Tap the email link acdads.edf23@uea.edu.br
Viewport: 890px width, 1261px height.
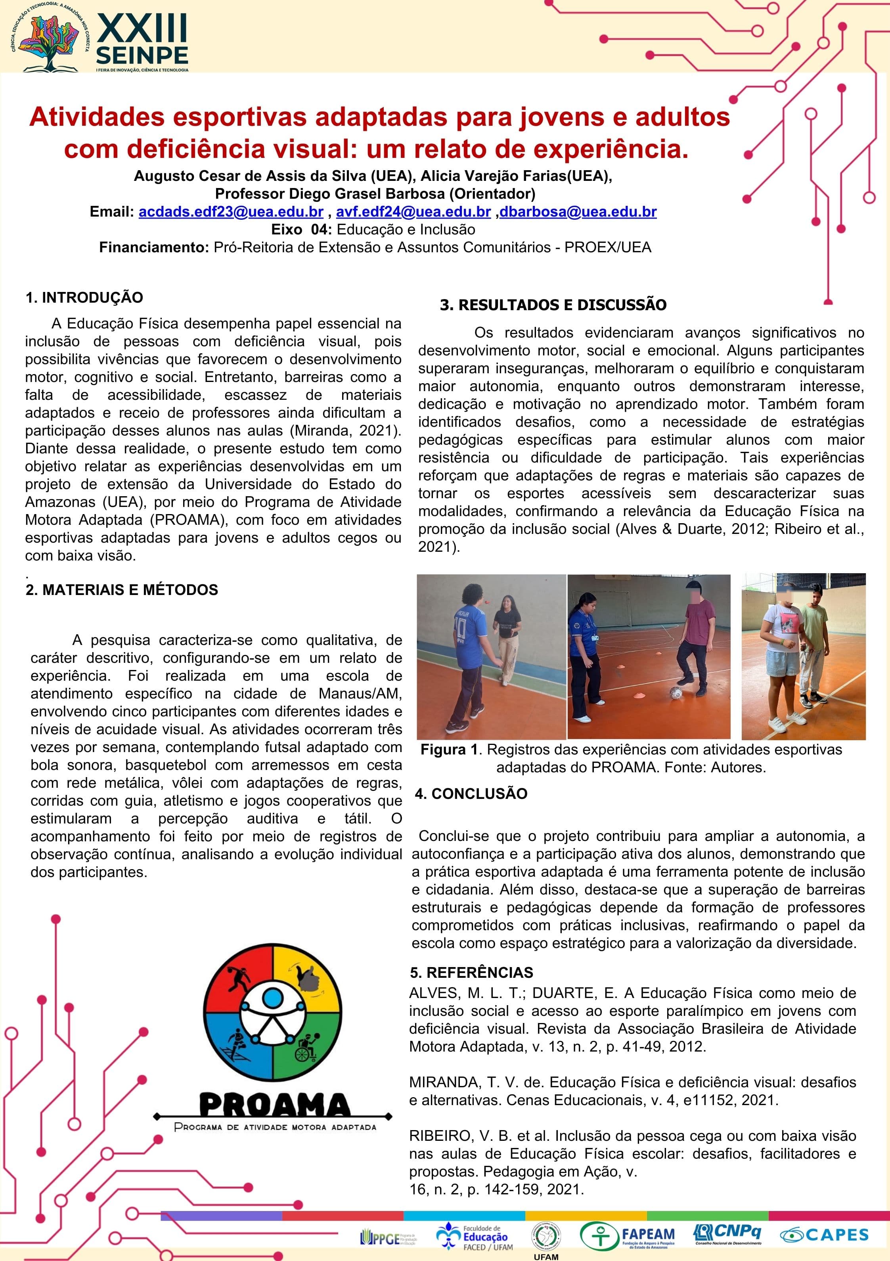231,212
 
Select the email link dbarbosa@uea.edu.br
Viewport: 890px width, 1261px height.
578,212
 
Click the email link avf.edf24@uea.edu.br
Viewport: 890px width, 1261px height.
413,212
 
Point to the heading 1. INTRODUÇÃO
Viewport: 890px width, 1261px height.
84,297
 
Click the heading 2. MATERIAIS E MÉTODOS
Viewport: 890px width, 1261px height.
122,590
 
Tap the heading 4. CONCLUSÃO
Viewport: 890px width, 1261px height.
471,794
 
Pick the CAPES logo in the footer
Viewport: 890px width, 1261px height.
825,1235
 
